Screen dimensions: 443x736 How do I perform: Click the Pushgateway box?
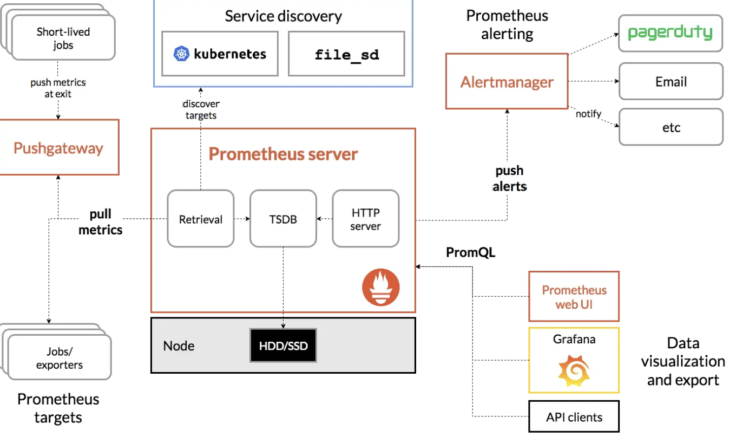click(58, 147)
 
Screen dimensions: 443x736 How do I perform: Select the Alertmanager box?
click(507, 82)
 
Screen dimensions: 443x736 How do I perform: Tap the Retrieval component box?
click(200, 219)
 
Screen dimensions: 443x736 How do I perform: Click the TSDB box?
click(283, 219)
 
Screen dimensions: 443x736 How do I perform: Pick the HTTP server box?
click(365, 219)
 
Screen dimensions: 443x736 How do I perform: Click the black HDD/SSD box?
click(283, 345)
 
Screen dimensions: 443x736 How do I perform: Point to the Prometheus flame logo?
click(381, 287)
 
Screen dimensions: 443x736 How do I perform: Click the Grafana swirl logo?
click(574, 370)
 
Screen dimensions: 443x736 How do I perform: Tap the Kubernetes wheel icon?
click(180, 54)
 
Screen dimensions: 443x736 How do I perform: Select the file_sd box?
click(346, 54)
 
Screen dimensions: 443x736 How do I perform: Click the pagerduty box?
click(671, 33)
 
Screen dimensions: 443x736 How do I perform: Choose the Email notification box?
click(671, 82)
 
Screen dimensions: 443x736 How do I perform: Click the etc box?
click(671, 127)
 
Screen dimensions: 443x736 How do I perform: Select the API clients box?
click(574, 416)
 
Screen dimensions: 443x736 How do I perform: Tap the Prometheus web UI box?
click(574, 297)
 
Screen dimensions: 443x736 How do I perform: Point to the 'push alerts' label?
click(509, 178)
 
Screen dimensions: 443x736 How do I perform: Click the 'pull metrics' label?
click(101, 222)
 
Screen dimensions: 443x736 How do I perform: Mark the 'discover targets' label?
click(201, 109)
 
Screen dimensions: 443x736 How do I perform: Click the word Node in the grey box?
click(179, 346)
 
